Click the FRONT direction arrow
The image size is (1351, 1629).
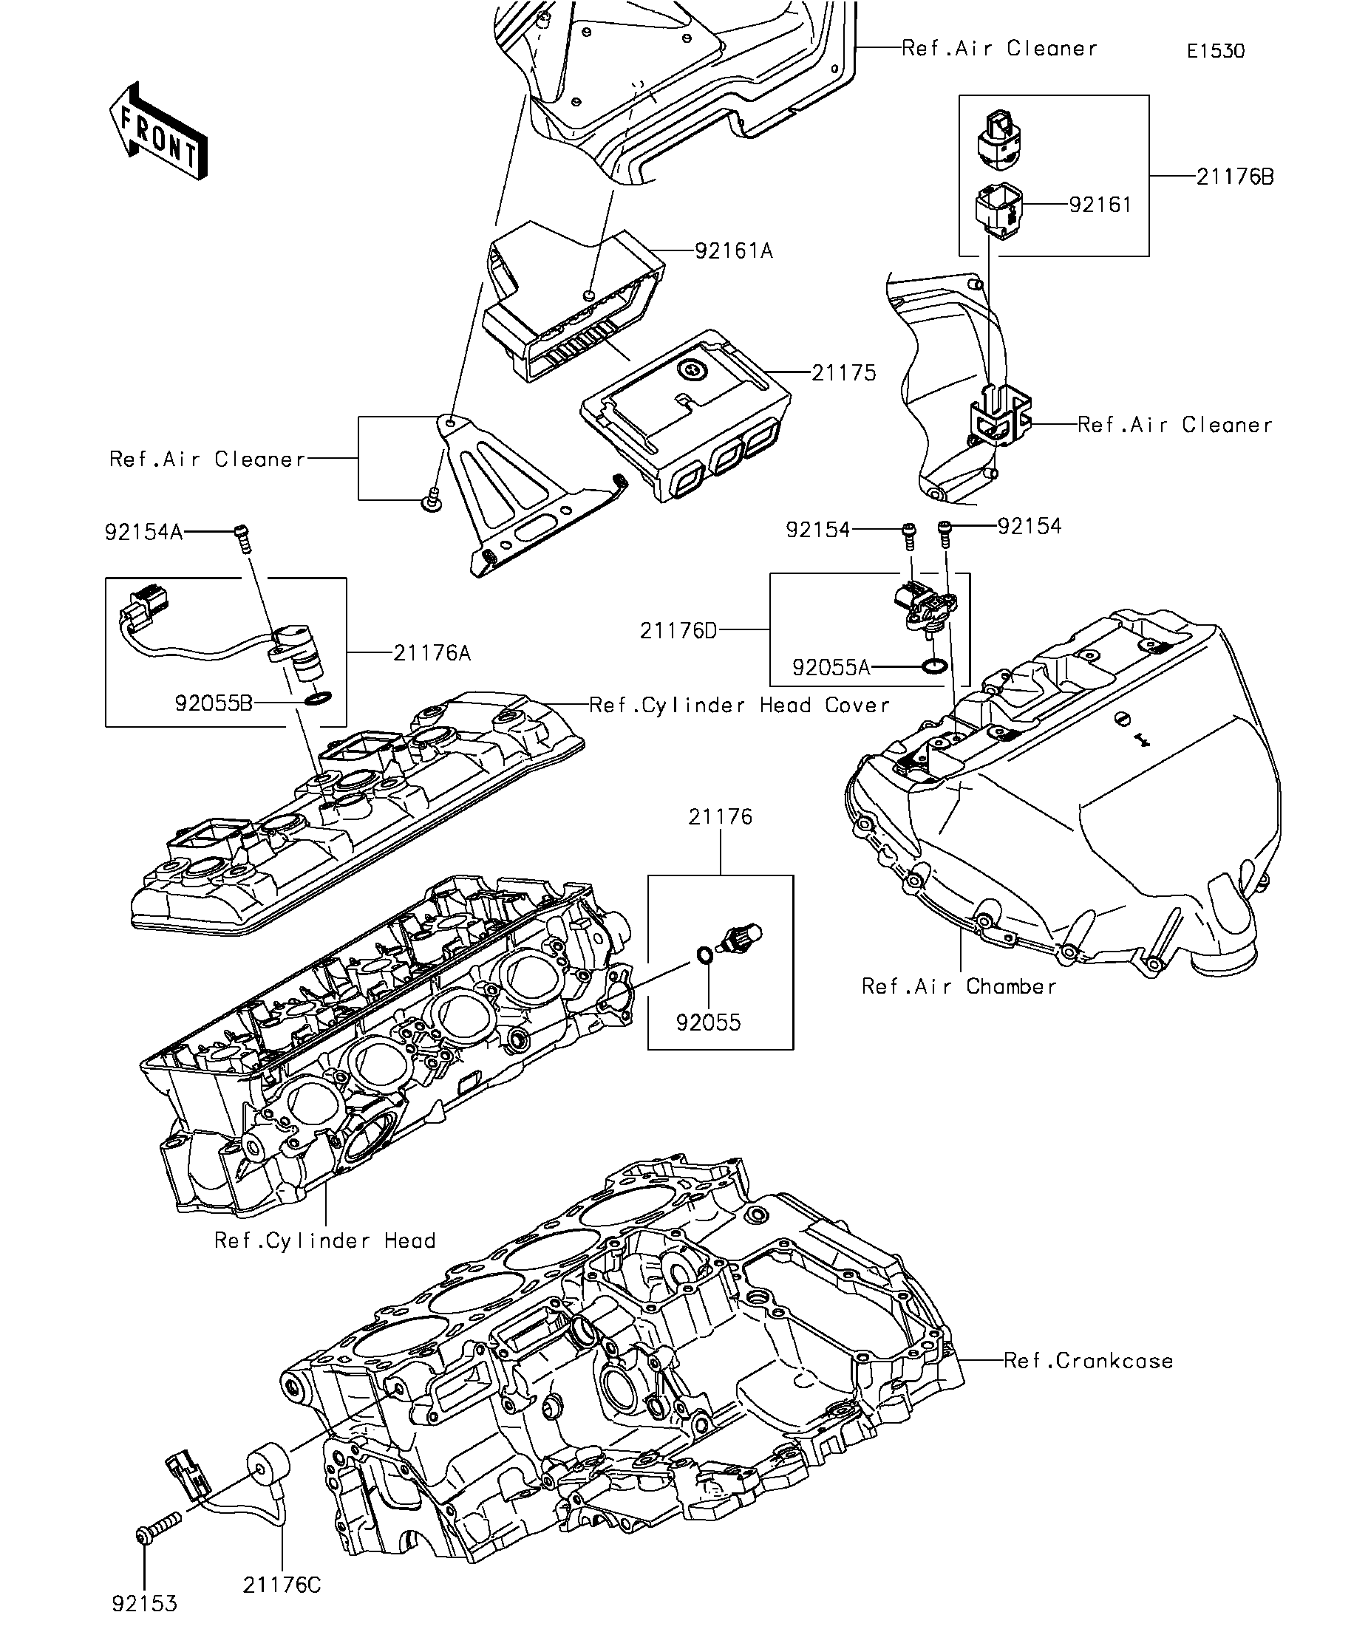[x=157, y=131]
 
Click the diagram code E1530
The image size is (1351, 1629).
[x=1215, y=51]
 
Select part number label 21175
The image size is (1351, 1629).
[x=843, y=373]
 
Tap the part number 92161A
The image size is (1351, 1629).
[x=733, y=251]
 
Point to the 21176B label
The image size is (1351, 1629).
[x=1235, y=177]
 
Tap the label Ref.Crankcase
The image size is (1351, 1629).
[x=1088, y=1361]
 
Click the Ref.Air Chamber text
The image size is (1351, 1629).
[x=959, y=987]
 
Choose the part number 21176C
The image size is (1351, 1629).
[x=282, y=1585]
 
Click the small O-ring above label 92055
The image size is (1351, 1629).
[x=704, y=954]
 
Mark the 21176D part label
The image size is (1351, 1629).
[x=678, y=631]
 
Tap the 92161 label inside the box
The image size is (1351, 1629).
[x=1100, y=205]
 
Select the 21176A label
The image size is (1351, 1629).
[x=432, y=653]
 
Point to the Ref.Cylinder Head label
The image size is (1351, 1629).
[x=324, y=1241]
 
